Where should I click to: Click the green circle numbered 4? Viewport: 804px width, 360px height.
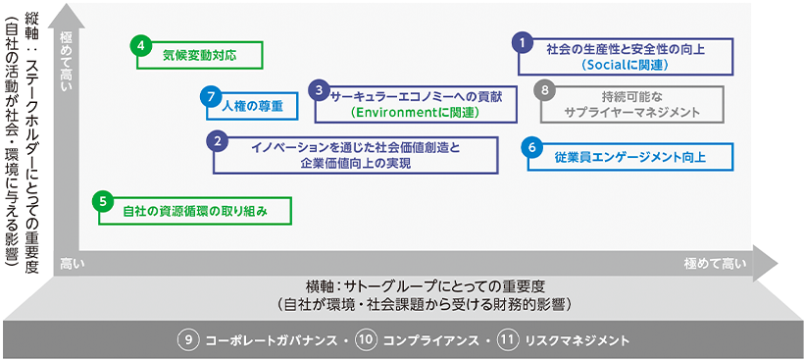[141, 44]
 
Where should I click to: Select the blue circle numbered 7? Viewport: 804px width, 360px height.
[207, 96]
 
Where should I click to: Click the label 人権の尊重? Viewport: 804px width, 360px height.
[252, 105]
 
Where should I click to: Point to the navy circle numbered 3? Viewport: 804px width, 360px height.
[318, 89]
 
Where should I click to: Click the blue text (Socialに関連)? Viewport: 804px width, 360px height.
[624, 65]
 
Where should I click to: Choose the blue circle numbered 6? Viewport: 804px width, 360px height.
[532, 146]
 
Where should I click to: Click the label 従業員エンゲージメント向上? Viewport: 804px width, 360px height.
[630, 158]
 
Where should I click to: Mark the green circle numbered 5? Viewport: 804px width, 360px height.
[104, 200]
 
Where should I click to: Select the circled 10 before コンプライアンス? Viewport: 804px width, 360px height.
[366, 340]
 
